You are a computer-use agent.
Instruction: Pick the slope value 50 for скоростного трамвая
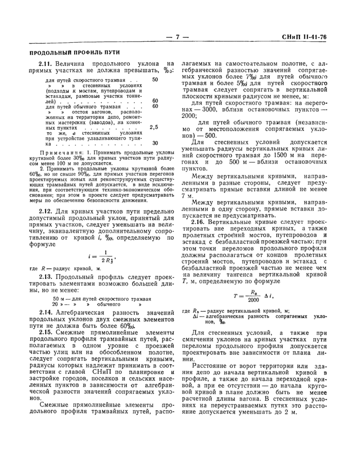(155, 80)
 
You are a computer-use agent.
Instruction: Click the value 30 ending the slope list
(155, 143)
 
